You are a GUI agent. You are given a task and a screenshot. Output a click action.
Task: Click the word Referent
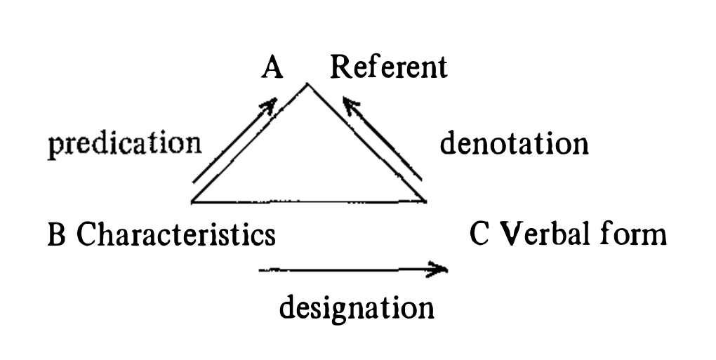click(x=388, y=67)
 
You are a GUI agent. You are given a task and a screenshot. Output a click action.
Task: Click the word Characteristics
click(x=175, y=234)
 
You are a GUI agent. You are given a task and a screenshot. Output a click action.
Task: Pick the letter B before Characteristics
click(x=55, y=235)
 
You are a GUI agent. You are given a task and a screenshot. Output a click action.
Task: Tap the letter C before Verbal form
click(x=479, y=234)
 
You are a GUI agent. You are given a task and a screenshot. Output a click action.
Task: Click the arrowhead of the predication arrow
click(x=268, y=105)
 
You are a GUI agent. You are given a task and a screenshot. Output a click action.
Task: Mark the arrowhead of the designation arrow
click(x=441, y=269)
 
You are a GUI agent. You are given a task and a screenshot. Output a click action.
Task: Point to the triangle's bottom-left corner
click(x=192, y=203)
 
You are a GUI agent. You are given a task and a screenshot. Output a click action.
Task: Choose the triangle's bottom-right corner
click(x=425, y=203)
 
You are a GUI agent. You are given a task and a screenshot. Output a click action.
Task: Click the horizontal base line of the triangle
click(x=309, y=203)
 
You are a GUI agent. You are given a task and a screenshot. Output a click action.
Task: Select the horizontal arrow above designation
click(x=351, y=269)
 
